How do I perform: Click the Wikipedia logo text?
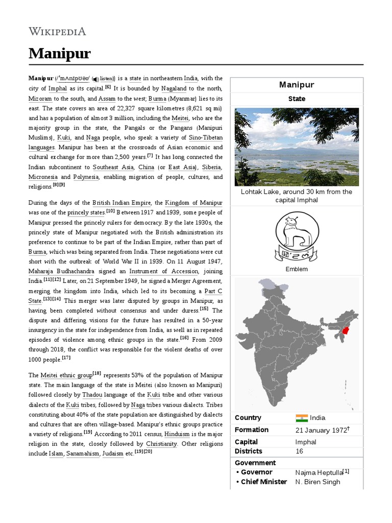tap(57, 32)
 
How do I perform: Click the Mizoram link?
tap(40, 98)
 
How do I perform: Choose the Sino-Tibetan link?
tap(206, 137)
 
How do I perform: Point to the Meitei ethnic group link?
tap(66, 375)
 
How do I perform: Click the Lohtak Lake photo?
tap(296, 147)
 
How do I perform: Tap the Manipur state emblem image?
tap(296, 236)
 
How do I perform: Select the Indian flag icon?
tap(301, 418)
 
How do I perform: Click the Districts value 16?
tap(299, 451)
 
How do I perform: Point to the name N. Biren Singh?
tap(317, 482)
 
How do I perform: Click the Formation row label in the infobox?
tap(252, 430)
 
